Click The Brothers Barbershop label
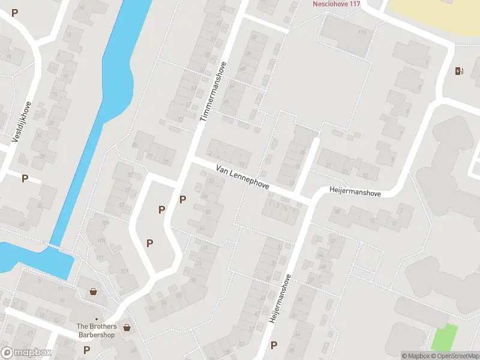click(96, 331)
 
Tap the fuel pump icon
click(459, 71)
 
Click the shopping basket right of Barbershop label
click(127, 328)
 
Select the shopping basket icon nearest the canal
click(94, 292)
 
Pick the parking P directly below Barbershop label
click(86, 350)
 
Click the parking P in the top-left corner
click(15, 13)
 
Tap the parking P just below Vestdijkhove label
click(25, 178)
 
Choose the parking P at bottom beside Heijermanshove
click(274, 345)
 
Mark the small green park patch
click(444, 337)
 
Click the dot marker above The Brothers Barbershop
click(96, 319)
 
